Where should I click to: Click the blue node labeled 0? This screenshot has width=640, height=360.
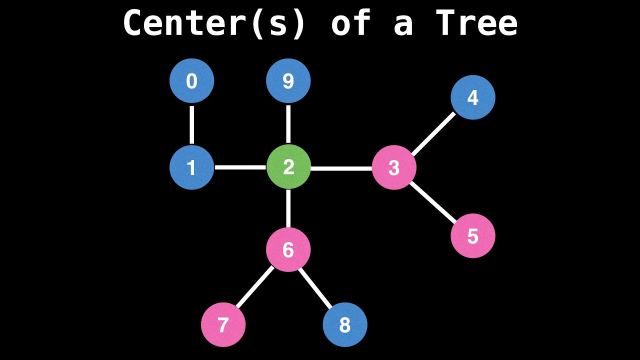tap(192, 81)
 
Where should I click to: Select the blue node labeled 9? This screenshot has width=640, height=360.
tap(288, 81)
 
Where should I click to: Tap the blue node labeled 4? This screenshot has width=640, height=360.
tap(473, 97)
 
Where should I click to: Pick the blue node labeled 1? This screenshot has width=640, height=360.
tap(192, 167)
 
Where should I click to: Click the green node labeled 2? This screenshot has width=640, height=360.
tap(288, 167)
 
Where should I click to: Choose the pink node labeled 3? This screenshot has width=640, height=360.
tap(394, 167)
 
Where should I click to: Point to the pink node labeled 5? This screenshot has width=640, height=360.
tap(473, 236)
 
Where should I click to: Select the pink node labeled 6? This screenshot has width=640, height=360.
tap(288, 249)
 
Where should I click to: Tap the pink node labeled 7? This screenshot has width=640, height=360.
tap(223, 325)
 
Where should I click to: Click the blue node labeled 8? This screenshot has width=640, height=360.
tap(345, 325)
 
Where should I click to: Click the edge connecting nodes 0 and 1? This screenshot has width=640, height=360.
tap(192, 124)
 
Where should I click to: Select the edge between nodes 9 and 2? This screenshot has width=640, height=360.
tap(288, 124)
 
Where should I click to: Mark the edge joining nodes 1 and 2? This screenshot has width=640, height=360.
tap(240, 167)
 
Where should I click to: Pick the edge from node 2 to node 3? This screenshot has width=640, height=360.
tap(341, 168)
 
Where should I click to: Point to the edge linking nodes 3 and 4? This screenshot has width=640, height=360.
tap(433, 133)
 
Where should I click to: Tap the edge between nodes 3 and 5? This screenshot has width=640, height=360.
tap(433, 202)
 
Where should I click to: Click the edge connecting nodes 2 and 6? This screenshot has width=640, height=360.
tap(288, 208)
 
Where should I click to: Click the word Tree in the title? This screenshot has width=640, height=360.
tap(476, 23)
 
